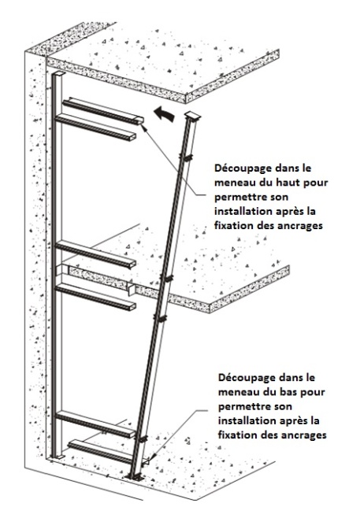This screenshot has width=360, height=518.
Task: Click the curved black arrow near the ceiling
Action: pyautogui.click(x=164, y=113)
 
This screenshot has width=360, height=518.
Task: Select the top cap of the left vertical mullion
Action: pyautogui.click(x=59, y=74)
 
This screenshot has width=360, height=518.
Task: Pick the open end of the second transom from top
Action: pyautogui.click(x=132, y=137)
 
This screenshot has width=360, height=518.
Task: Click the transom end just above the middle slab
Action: pyautogui.click(x=132, y=264)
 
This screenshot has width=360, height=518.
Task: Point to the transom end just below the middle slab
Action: pyautogui.click(x=132, y=306)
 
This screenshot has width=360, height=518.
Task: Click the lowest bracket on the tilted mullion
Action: pyautogui.click(x=143, y=439)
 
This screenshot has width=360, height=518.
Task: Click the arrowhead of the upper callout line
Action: pyautogui.click(x=144, y=127)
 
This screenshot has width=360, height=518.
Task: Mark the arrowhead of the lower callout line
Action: pyautogui.click(x=152, y=458)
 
